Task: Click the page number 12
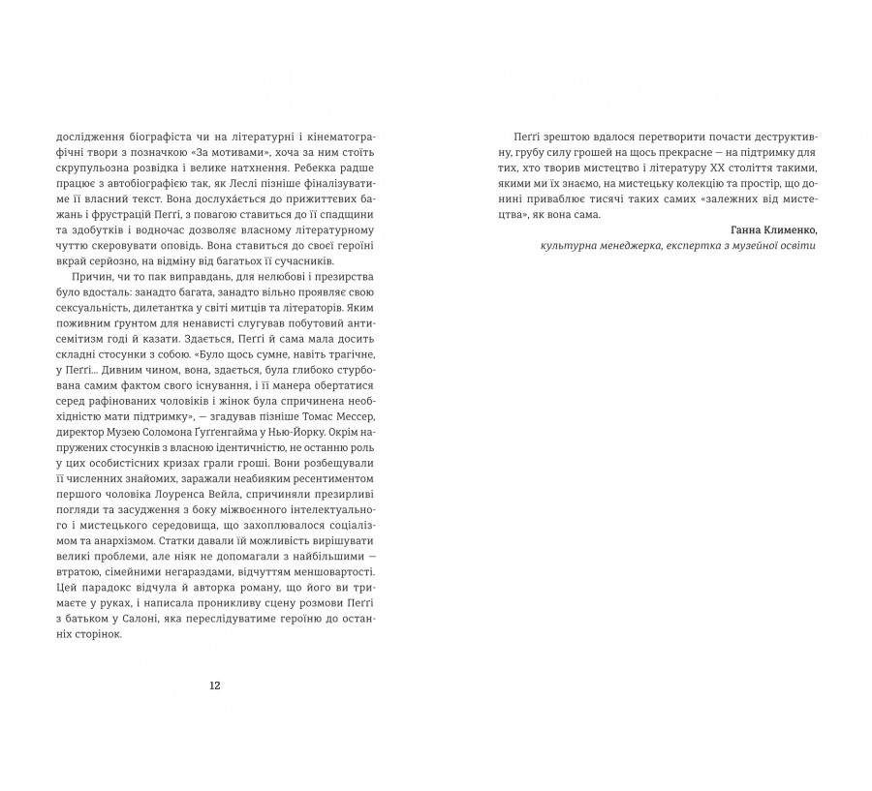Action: tap(215, 685)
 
